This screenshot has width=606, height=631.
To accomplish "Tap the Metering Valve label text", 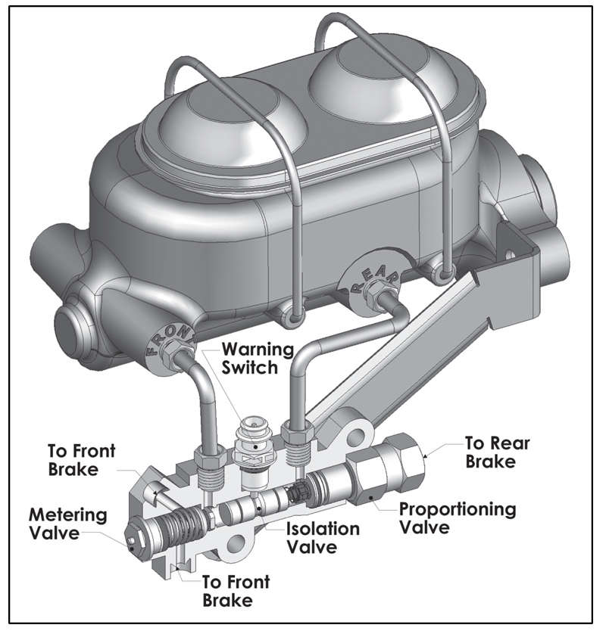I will click(x=67, y=524).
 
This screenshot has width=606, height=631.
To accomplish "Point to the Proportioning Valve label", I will click(x=458, y=518).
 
